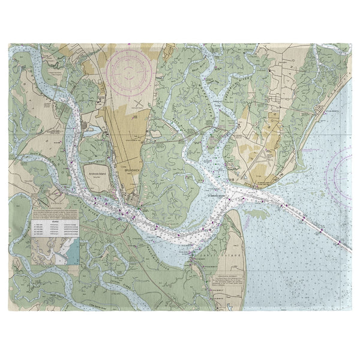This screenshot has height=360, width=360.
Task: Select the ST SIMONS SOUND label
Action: (232, 195)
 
